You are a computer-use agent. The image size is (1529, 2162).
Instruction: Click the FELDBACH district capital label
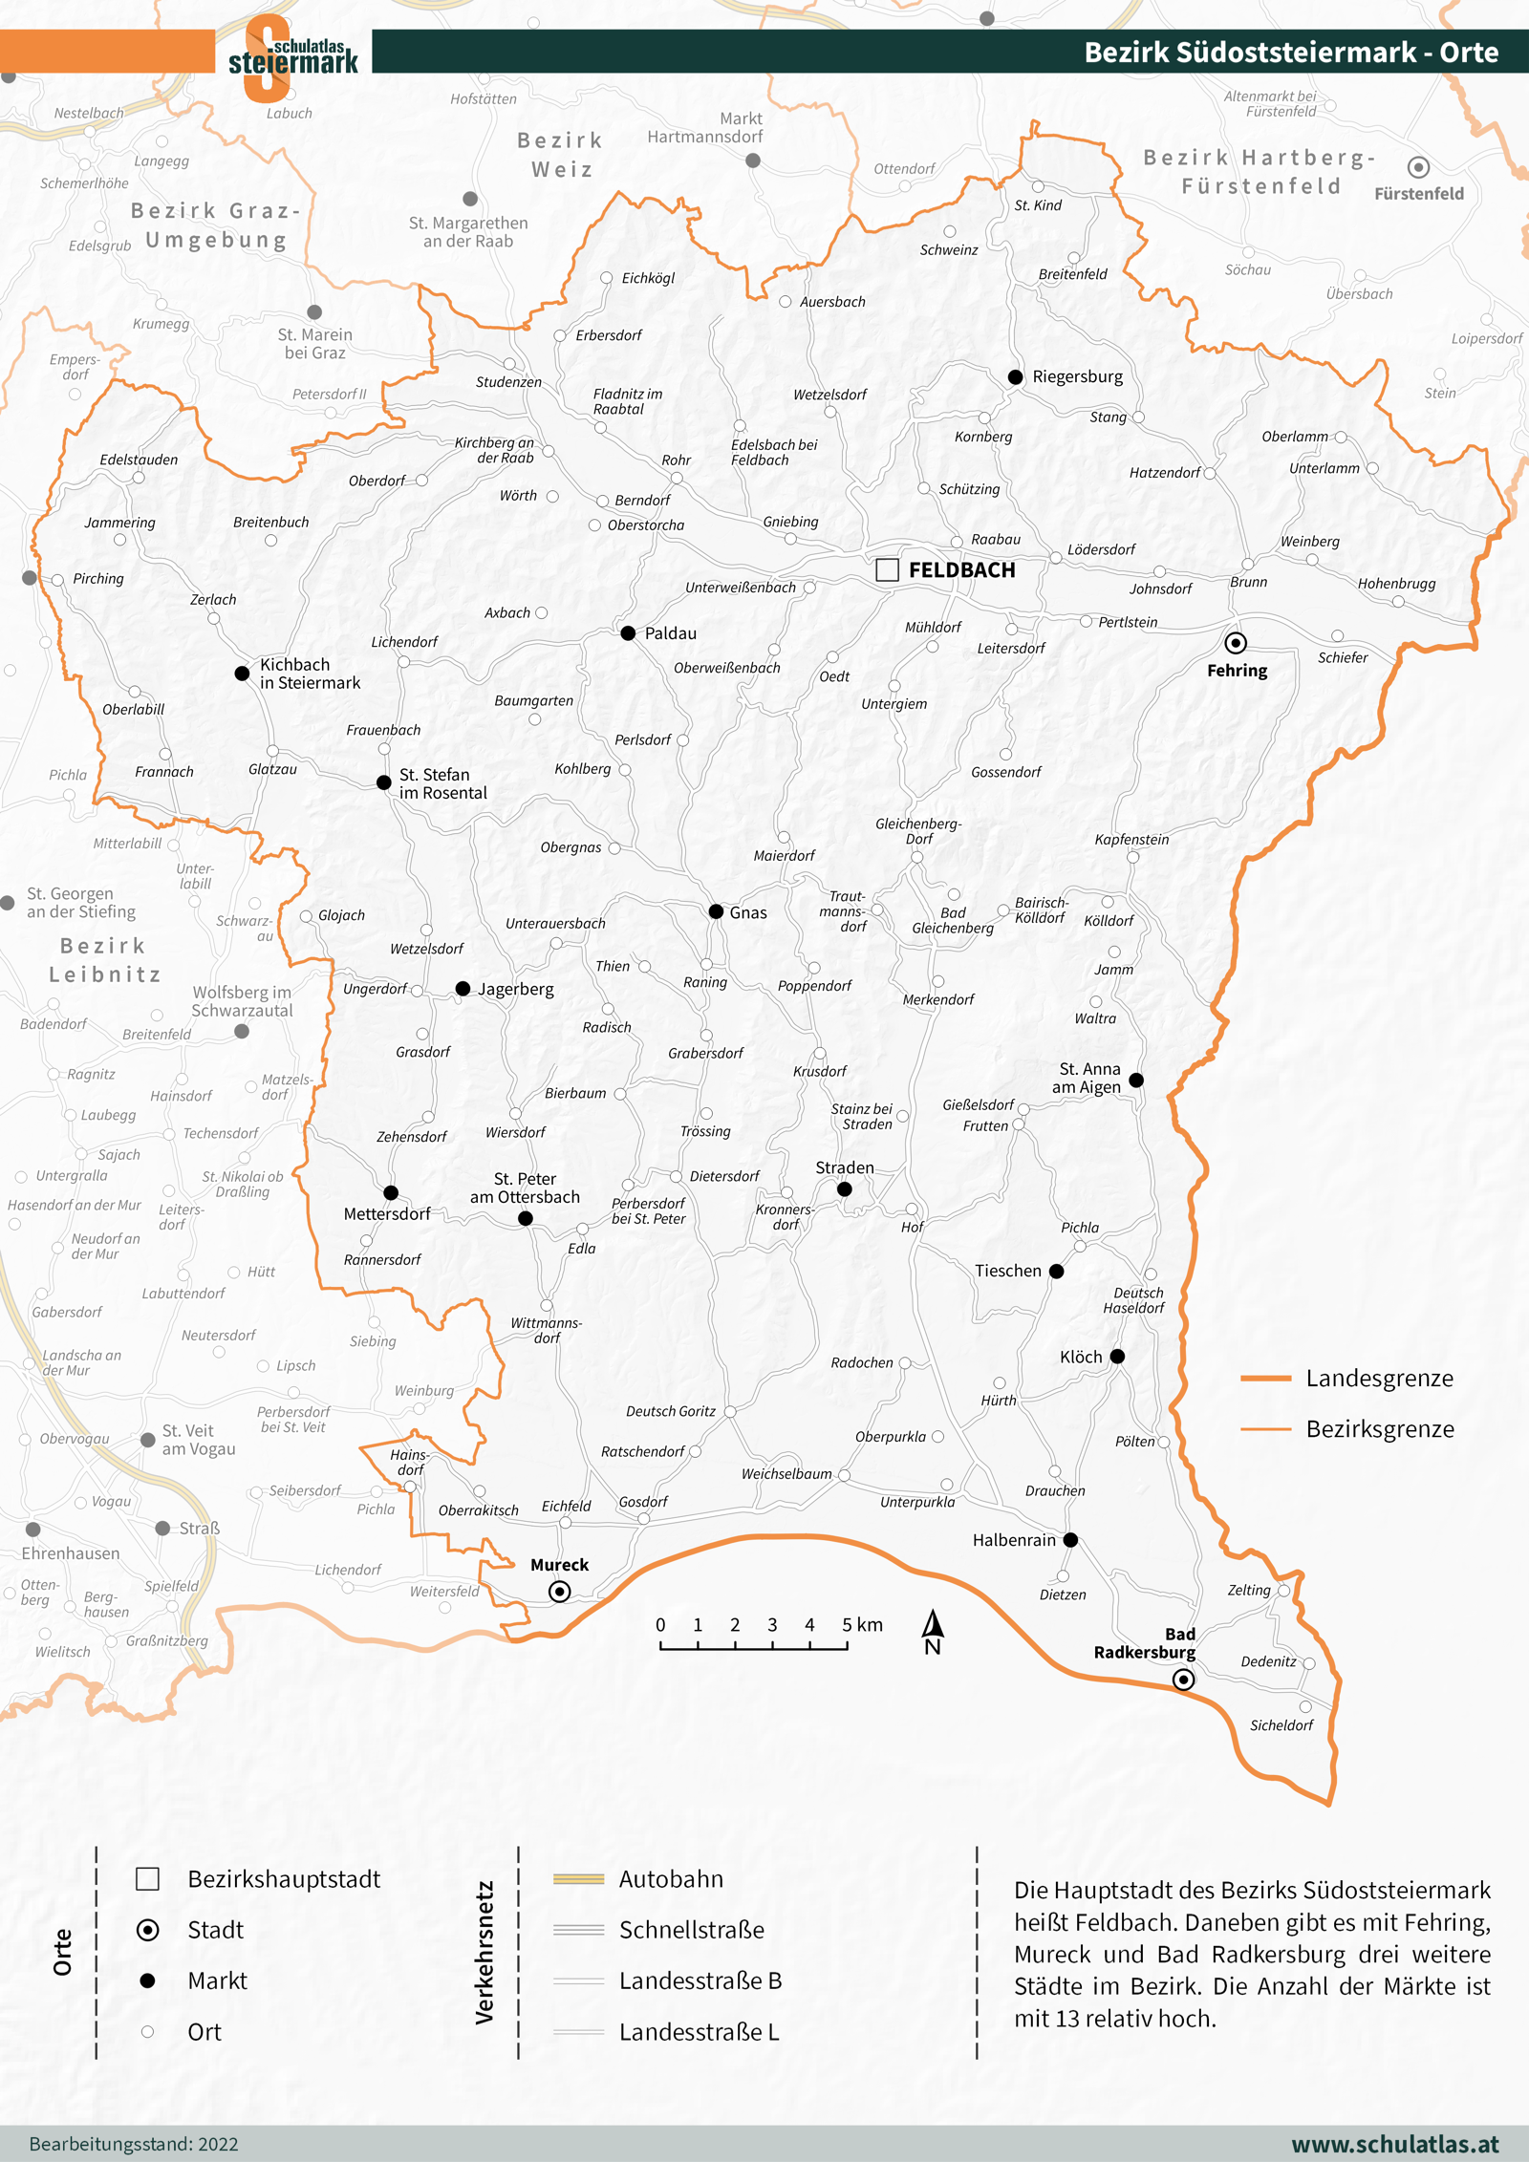961,570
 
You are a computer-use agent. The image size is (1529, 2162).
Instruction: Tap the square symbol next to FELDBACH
887,569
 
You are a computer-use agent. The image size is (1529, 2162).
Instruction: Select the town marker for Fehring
1236,643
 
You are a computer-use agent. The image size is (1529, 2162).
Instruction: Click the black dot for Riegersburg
1015,377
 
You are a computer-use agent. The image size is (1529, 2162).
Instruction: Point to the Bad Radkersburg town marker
1183,1680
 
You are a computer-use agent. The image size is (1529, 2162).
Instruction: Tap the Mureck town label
559,1565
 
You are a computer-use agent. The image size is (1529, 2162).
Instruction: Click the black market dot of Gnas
716,911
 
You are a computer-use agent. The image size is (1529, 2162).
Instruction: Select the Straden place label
845,1167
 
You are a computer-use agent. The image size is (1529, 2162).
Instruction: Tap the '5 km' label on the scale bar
862,1625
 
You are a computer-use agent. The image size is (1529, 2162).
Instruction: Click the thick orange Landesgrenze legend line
1265,1379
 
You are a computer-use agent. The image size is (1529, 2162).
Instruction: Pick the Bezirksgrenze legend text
1380,1429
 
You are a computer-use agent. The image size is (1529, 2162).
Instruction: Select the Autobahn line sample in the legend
578,1879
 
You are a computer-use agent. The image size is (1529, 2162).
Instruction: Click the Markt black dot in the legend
147,1980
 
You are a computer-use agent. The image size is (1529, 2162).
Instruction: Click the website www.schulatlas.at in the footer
1395,2144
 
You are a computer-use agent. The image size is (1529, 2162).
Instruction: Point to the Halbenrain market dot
1070,1540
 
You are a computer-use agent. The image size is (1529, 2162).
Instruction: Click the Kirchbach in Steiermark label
310,674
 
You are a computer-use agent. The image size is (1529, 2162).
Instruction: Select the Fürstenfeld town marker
1418,167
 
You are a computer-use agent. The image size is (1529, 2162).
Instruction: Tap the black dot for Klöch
1117,1357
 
